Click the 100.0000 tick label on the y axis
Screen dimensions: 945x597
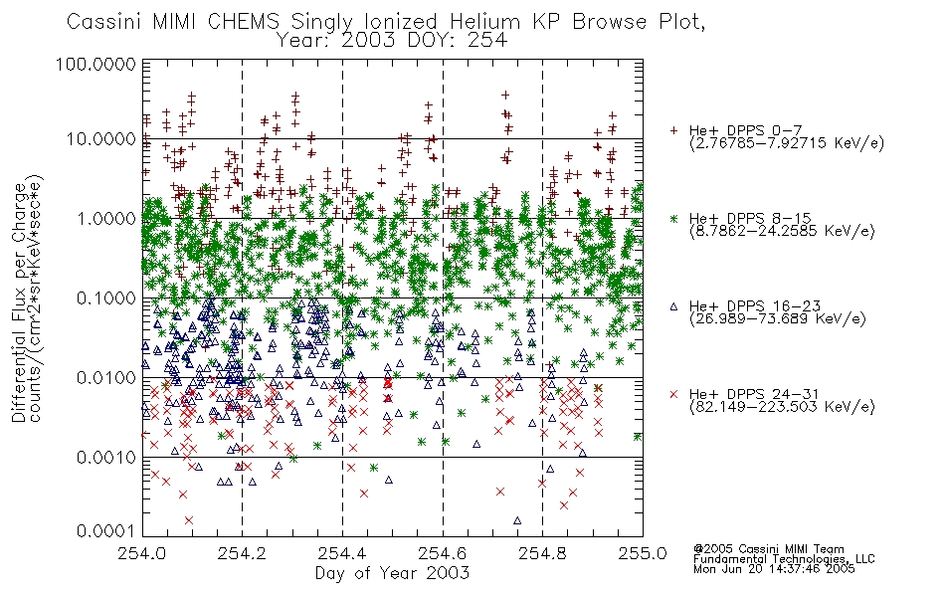[95, 64]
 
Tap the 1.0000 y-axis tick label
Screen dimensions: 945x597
[106, 218]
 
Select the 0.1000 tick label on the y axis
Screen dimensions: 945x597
[106, 298]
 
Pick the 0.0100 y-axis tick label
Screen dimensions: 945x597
[106, 378]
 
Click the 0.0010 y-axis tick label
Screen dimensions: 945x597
[106, 458]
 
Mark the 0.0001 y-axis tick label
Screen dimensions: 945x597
[106, 531]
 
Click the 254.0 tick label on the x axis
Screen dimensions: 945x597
[142, 553]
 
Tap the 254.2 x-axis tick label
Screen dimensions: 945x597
[243, 553]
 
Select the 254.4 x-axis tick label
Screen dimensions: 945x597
[342, 553]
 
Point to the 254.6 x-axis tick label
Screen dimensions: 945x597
[443, 553]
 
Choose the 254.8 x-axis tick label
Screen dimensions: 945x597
[542, 553]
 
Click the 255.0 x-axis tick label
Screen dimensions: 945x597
[643, 553]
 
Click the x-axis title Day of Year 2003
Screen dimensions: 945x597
[392, 573]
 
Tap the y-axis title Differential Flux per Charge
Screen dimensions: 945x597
[20, 302]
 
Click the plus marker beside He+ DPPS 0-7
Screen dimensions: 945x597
[673, 130]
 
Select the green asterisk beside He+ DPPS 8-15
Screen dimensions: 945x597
[673, 218]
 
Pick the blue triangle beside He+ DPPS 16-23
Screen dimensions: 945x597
[673, 306]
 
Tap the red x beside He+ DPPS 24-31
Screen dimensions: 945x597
[673, 394]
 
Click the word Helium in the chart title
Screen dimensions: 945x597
[484, 22]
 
